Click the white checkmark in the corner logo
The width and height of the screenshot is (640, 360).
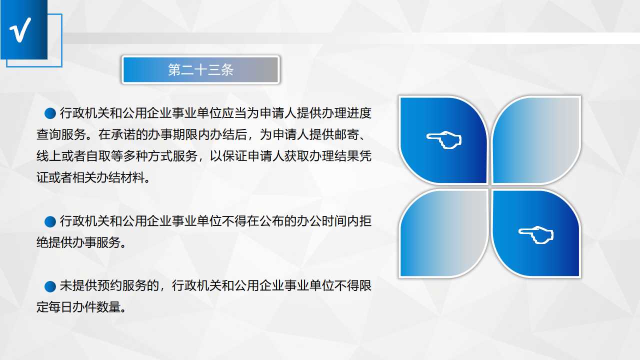[20, 29]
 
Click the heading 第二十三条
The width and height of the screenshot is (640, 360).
[200, 70]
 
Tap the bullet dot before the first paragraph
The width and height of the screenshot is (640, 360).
[50, 113]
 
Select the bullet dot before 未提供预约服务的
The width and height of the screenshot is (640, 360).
[50, 286]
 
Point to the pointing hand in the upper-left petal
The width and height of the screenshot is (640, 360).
[443, 139]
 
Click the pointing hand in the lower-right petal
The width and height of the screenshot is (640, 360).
[536, 235]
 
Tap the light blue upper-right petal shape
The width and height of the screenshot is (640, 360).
[536, 140]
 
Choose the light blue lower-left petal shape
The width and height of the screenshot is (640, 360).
[443, 233]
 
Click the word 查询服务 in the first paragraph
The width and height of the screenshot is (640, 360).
[61, 134]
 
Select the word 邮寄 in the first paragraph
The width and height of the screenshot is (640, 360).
[346, 134]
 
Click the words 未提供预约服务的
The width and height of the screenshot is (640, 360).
[109, 285]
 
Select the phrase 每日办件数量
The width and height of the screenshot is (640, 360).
[84, 307]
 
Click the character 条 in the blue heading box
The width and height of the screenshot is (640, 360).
[227, 70]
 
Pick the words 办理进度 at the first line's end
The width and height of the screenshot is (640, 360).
[346, 113]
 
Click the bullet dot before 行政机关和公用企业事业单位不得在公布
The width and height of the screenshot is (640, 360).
[50, 221]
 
